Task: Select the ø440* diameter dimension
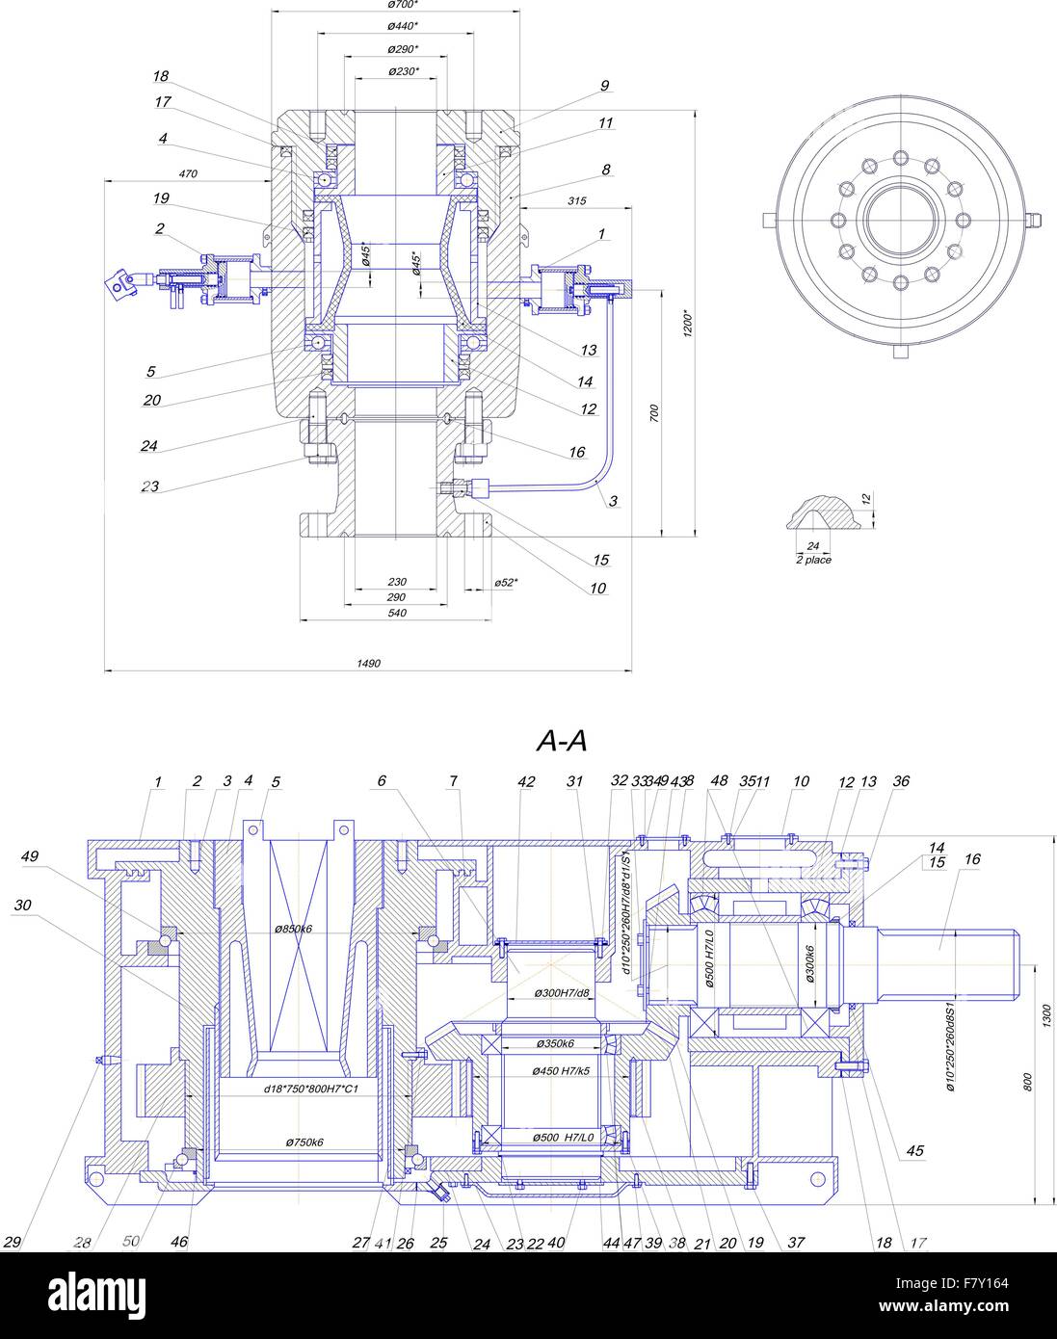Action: click(x=403, y=27)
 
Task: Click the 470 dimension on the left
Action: click(x=188, y=174)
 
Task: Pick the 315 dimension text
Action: click(x=577, y=200)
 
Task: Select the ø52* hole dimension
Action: click(x=506, y=582)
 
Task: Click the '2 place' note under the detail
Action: click(x=813, y=560)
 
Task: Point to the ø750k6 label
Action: click(x=304, y=1142)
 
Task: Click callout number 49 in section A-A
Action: click(x=30, y=854)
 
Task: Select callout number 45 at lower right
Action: click(x=914, y=1150)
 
